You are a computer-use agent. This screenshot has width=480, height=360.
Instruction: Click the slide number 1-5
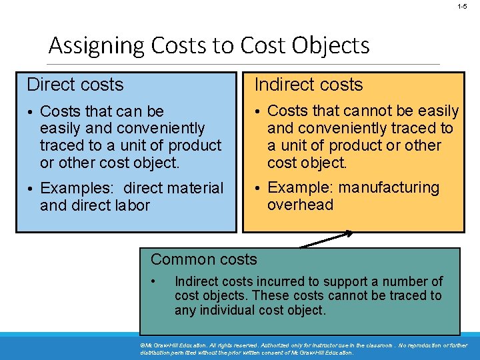(462, 6)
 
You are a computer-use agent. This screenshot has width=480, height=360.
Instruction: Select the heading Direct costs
(75, 85)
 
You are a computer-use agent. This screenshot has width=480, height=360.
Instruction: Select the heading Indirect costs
(309, 85)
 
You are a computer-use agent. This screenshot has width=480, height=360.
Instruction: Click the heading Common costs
(204, 259)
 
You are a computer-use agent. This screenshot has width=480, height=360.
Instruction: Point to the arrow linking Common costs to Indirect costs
(327, 239)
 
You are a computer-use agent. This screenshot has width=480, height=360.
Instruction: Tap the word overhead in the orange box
(300, 205)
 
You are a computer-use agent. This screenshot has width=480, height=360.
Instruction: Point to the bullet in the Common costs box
(154, 280)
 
